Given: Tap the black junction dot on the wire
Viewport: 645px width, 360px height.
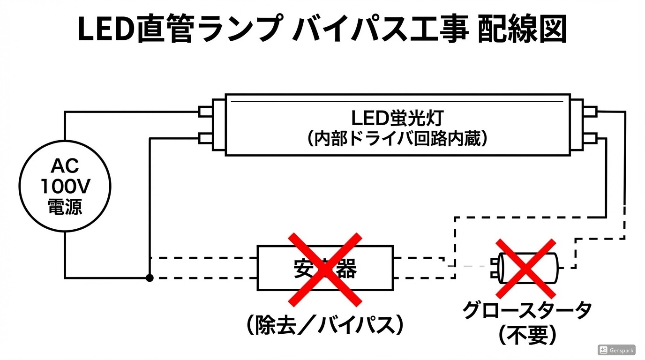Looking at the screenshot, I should coord(150,278).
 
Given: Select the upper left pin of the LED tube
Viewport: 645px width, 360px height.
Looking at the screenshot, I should coord(205,112).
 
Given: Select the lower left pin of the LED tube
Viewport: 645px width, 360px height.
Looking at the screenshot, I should coord(205,138).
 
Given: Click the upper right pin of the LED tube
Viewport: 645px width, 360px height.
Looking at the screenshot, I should coord(590,112).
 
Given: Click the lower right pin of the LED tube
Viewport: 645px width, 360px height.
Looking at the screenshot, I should coord(590,138).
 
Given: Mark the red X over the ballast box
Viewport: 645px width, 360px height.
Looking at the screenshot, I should coord(325,269).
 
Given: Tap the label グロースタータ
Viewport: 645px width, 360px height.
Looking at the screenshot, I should coord(527,310).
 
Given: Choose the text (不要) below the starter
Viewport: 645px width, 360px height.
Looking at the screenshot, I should coord(527,335).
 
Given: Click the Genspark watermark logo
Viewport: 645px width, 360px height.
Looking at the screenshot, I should coord(616,350).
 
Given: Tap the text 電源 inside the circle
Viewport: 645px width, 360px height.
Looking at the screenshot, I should coord(65,207).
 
